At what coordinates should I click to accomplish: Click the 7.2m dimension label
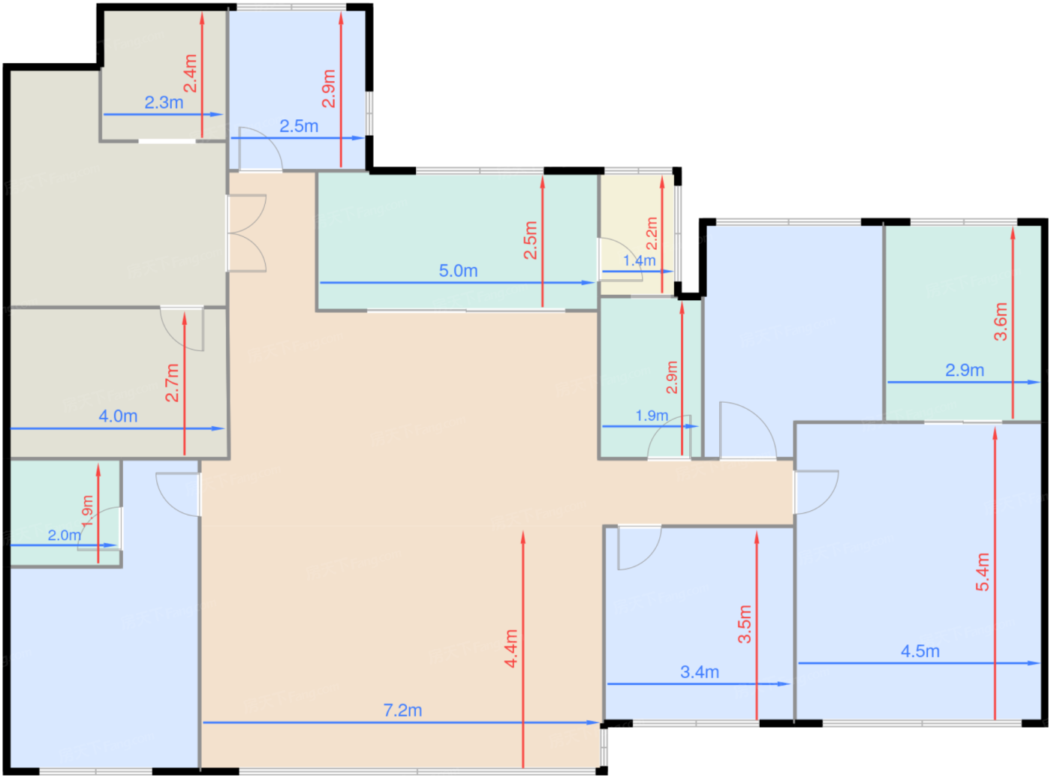pos(402,710)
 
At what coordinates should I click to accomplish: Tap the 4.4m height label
pos(510,649)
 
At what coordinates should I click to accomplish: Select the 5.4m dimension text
pos(982,572)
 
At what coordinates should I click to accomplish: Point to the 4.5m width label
pos(920,651)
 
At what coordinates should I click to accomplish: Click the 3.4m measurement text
pos(700,672)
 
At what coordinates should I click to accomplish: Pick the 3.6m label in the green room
pos(1000,322)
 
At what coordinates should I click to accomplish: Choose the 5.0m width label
pos(458,271)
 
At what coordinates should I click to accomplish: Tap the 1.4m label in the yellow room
pos(639,260)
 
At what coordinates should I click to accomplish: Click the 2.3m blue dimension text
pos(164,102)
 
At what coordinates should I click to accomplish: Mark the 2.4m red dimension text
pos(190,74)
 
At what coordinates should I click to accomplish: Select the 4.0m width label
pos(118,416)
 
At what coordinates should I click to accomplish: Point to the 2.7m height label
pos(172,383)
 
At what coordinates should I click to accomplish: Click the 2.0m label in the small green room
pos(65,536)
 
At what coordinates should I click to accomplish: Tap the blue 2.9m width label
pos(965,371)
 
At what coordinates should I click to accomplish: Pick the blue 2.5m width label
pos(299,126)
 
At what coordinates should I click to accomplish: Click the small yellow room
pos(637,234)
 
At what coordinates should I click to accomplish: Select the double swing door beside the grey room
pos(246,233)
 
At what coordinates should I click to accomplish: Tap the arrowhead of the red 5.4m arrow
pos(995,432)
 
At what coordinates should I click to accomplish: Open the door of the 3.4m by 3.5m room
pos(639,548)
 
